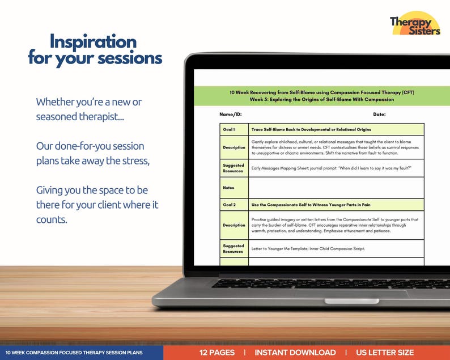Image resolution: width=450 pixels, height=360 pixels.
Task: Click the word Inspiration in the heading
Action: point(93,41)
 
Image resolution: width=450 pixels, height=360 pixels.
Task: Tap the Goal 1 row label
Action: point(229,129)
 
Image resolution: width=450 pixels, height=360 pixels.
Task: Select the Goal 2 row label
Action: point(229,204)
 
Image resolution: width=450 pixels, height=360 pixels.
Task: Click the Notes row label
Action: point(228,188)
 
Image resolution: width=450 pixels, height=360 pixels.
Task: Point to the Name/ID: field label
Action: point(231,115)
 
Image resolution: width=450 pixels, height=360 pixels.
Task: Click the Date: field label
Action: point(379,115)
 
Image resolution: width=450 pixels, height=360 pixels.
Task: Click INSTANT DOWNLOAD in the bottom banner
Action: point(295,353)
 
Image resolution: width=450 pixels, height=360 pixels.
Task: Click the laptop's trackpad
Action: point(351,293)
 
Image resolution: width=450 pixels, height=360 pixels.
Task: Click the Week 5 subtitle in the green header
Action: point(321,99)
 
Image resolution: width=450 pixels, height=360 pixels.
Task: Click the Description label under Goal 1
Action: point(234,147)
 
